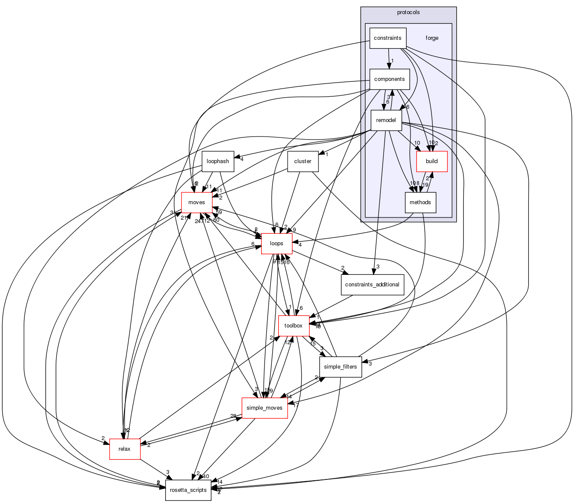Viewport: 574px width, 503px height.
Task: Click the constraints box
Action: [x=387, y=38]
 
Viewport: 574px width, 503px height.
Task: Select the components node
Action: [x=389, y=79]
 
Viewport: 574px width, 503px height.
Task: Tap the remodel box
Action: [x=386, y=120]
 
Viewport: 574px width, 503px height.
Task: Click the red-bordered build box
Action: [x=431, y=161]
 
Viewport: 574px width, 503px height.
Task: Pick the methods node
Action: [x=420, y=202]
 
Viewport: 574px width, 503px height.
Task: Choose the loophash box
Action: [x=217, y=161]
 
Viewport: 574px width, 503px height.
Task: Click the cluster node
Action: [x=303, y=161]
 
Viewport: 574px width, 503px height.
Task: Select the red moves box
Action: [x=196, y=202]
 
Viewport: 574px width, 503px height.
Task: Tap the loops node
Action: [x=277, y=244]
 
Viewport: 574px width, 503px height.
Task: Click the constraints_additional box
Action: [x=372, y=285]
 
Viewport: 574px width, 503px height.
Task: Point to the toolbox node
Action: [x=293, y=326]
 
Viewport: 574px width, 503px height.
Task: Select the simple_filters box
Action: [x=340, y=367]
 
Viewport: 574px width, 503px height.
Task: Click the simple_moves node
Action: [x=265, y=408]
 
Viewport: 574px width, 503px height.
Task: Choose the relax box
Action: [x=125, y=449]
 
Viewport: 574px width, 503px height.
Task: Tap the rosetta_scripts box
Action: [x=188, y=490]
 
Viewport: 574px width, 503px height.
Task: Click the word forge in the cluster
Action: [x=431, y=38]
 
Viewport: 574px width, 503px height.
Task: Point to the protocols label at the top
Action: [x=408, y=12]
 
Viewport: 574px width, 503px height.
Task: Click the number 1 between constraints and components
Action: [x=392, y=61]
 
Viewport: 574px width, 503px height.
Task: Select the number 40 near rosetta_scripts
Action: [x=205, y=476]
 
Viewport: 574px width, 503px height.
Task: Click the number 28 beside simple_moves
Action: [x=233, y=416]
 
